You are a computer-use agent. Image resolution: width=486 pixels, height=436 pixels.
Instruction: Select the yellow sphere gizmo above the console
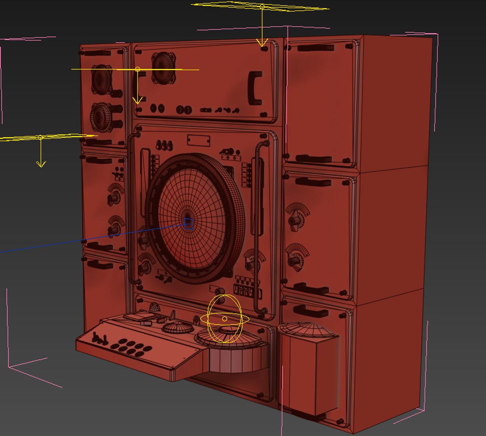pos(225,319)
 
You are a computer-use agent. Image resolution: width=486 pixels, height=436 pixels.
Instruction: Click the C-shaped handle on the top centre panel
pos(256,87)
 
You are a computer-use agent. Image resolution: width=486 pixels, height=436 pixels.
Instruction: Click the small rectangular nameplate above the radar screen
pos(198,141)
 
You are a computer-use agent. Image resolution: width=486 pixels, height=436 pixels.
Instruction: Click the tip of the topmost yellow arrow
pos(262,46)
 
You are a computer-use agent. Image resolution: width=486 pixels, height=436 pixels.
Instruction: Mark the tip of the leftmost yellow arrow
pos(41,166)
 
